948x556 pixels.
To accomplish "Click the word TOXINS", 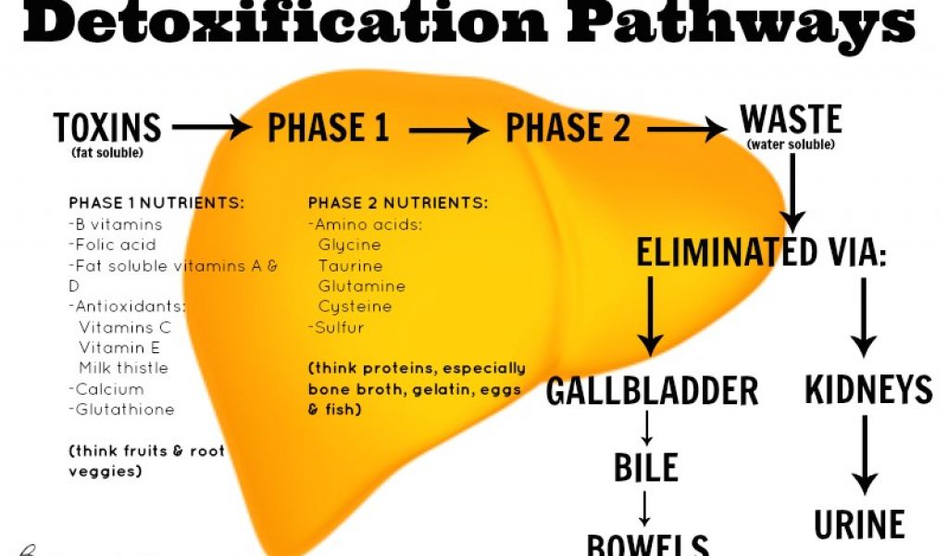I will (x=107, y=127).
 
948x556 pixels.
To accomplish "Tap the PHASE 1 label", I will (x=328, y=128).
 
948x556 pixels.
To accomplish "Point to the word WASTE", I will (x=791, y=120).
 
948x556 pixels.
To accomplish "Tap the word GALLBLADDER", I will (x=652, y=391).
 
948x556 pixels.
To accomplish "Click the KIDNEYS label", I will (x=868, y=390).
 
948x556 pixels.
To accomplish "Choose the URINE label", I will (x=859, y=524).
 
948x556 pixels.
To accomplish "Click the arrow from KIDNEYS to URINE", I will (x=865, y=455).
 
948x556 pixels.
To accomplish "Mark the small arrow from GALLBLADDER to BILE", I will (x=647, y=427).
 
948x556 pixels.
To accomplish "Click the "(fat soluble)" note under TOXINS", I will (x=106, y=152).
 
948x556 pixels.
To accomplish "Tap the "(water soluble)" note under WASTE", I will (x=791, y=145).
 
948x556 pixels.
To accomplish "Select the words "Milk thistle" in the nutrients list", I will (x=123, y=368).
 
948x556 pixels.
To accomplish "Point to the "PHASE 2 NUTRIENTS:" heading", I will (x=398, y=203).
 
